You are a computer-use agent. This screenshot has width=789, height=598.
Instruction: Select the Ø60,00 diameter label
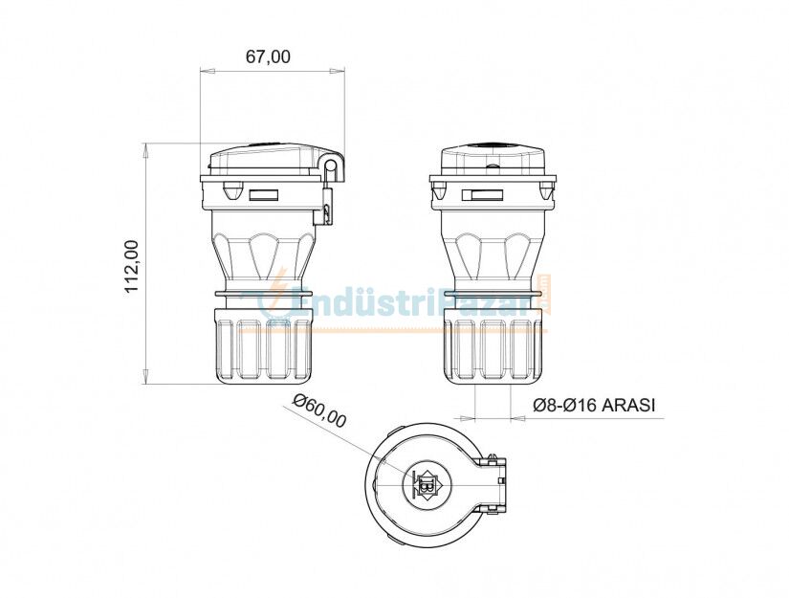(319, 410)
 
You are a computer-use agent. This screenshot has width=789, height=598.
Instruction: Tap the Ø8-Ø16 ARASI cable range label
(593, 406)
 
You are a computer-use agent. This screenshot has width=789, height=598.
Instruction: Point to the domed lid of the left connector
(263, 159)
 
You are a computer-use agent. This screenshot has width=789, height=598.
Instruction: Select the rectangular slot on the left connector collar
(263, 196)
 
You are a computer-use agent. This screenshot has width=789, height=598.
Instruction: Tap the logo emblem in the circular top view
(422, 486)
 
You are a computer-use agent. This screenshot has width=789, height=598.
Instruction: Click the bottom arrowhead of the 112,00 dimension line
(145, 378)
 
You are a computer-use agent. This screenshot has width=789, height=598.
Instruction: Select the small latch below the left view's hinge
(327, 210)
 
